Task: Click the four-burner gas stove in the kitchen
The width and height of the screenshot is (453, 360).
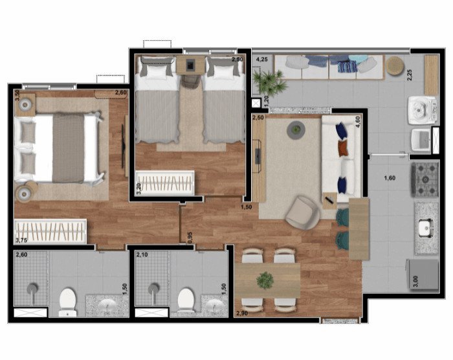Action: coord(425,179)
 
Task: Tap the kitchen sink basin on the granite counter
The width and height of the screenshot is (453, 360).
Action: coord(426,227)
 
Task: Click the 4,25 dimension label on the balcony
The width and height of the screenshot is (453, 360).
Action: coord(261,60)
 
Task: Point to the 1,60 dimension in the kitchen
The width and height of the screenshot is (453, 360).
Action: coord(390,178)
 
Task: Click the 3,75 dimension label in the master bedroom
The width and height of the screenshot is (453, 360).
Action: coord(21,240)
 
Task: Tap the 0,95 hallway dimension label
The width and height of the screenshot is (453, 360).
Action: coord(190,238)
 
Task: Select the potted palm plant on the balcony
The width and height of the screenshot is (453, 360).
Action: coord(270,82)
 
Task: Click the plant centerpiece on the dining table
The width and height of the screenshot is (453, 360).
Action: coord(265,280)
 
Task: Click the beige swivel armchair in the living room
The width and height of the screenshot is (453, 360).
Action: coord(303,212)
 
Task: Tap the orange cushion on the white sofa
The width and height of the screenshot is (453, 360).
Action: coord(342,148)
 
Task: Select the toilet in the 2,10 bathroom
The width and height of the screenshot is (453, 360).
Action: coord(186,301)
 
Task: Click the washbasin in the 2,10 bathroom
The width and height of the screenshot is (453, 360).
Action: coord(215,306)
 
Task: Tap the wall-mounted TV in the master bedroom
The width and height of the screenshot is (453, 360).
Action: coord(124,146)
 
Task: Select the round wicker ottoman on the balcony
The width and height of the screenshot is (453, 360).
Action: coord(395,65)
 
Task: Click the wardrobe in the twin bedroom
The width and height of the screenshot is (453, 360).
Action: coord(165,183)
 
